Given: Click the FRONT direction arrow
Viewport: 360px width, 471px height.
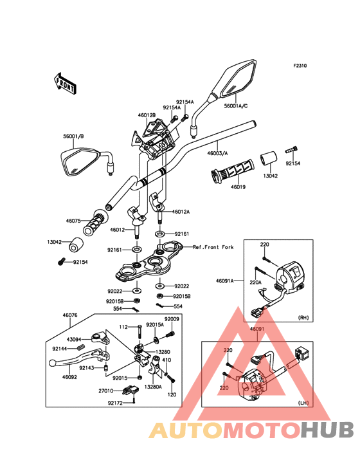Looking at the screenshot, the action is point(65,83).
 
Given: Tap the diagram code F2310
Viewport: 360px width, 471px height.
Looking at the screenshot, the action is point(300,66).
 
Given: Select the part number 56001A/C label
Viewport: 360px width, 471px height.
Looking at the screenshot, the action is point(236,106).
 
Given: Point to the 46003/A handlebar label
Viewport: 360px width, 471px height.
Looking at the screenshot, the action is point(217,153).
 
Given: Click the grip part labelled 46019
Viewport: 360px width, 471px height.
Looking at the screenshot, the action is point(232,172).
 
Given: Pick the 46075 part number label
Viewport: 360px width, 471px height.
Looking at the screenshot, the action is point(73,221).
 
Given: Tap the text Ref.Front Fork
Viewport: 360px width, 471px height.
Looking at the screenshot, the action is point(213,247).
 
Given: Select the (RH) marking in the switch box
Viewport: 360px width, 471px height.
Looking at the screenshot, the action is point(303,317).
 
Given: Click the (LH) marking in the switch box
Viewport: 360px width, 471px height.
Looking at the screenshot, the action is point(303,403).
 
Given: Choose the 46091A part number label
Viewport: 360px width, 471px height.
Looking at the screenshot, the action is point(225,281).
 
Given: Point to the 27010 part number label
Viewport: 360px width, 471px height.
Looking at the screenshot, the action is point(106,391).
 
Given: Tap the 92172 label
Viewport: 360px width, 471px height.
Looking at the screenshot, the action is point(115,403).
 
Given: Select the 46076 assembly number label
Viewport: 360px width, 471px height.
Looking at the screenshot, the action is point(70,315).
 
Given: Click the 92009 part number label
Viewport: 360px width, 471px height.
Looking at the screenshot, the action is point(172,319).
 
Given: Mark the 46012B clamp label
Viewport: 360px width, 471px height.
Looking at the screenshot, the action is point(147,115).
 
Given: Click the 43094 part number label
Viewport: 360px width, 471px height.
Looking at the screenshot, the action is point(74,339).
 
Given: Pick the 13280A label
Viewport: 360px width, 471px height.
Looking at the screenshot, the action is point(153,387).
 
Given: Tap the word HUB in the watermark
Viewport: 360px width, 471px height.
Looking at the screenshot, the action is point(327,430).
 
